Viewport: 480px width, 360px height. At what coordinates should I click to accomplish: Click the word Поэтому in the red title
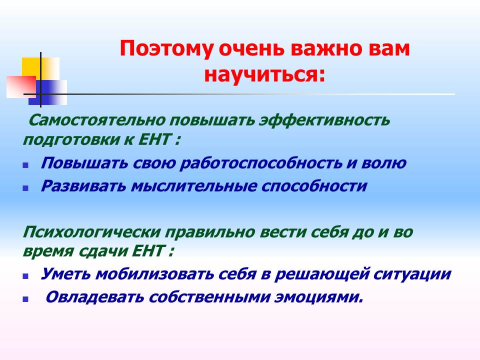166,48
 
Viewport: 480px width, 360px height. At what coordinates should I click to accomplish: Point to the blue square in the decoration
47,92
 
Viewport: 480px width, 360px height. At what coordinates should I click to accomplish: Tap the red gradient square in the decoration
21,87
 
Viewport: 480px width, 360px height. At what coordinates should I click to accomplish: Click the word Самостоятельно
96,120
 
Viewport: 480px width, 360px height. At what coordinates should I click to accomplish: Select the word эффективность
324,120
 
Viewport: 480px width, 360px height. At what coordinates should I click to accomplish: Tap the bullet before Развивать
25,188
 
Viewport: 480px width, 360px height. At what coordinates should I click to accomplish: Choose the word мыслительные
194,186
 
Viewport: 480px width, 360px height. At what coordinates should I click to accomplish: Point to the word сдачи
103,252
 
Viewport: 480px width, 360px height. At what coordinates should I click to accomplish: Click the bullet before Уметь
25,276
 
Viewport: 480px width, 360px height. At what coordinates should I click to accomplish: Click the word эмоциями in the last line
318,297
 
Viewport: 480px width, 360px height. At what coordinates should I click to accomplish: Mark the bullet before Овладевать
25,299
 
